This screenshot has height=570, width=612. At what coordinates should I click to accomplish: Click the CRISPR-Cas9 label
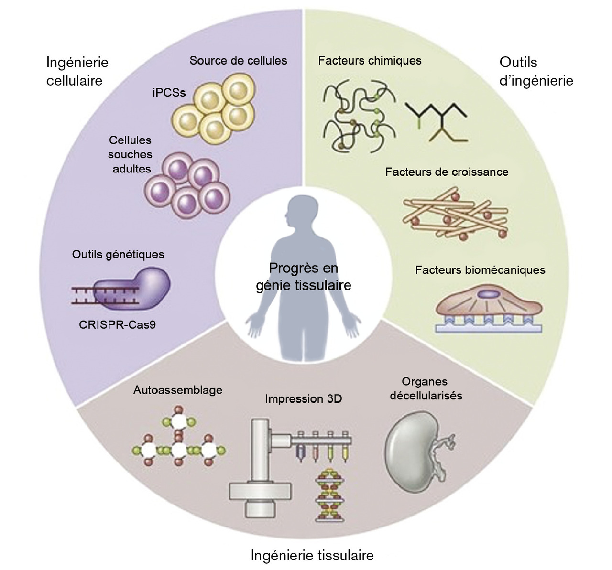click(117, 325)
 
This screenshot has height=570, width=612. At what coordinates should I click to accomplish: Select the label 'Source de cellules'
click(238, 61)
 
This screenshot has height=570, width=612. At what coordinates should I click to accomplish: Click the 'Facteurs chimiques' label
click(370, 61)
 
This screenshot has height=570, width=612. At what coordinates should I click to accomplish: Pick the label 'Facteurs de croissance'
click(447, 172)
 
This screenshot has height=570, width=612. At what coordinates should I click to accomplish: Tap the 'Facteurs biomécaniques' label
click(480, 270)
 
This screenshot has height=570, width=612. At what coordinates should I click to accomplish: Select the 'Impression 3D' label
click(304, 399)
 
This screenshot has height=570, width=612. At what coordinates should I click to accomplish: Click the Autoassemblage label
click(178, 390)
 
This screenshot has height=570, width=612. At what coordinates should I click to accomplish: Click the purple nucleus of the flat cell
click(488, 294)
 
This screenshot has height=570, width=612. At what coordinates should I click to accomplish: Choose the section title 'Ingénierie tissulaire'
click(312, 556)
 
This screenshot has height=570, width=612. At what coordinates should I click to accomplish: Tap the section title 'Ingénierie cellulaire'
click(77, 71)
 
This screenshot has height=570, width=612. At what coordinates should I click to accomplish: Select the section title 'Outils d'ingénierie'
click(536, 71)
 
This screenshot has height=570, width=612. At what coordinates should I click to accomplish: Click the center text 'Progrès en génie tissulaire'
click(304, 277)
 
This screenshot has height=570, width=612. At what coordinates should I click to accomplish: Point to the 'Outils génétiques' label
click(118, 254)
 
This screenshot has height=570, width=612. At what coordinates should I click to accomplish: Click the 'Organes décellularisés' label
click(426, 388)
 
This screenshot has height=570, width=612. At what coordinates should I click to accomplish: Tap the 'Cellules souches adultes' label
click(130, 154)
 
